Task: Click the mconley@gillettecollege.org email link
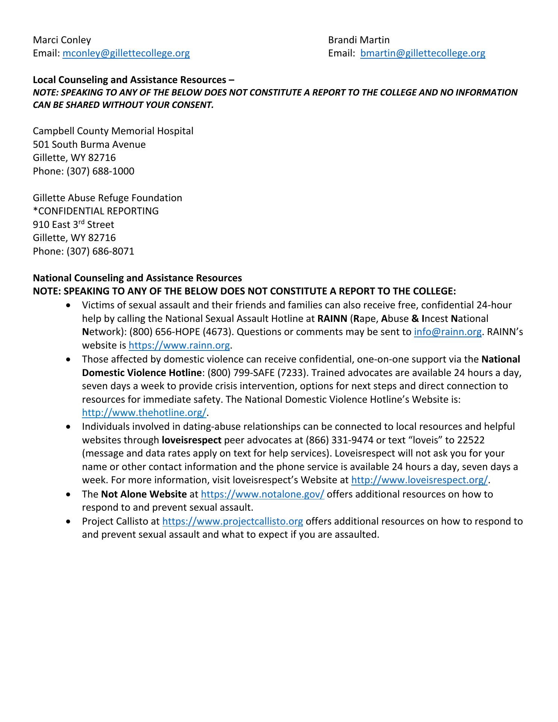tap(126, 53)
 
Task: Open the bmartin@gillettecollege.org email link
tap(423, 53)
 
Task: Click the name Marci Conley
tap(62, 40)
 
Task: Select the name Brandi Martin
tap(359, 40)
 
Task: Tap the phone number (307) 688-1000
tap(100, 171)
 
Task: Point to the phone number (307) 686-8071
tap(100, 251)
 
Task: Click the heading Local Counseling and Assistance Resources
tap(130, 80)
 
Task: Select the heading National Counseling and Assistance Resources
tap(137, 278)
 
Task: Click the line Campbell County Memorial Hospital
tap(113, 131)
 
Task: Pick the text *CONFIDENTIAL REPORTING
tap(96, 211)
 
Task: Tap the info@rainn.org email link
tap(447, 332)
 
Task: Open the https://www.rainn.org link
tap(179, 346)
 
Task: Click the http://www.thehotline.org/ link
tap(144, 413)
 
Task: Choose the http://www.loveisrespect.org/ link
tap(419, 480)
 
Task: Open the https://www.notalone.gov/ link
tap(262, 494)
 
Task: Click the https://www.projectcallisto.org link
tap(232, 522)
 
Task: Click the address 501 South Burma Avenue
tap(89, 144)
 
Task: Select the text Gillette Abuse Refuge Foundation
tap(108, 198)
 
